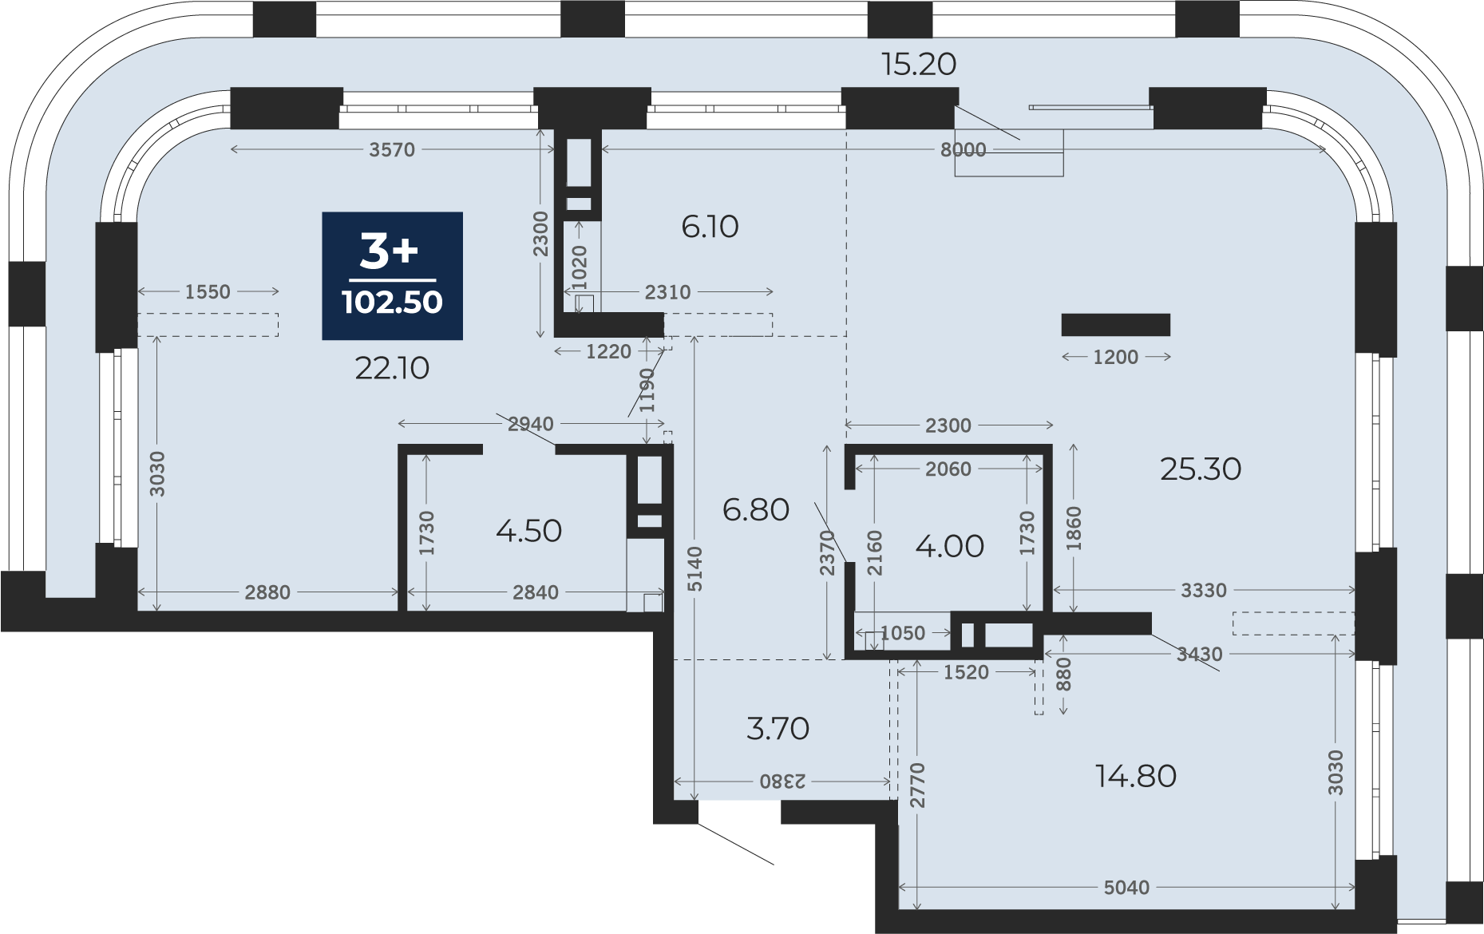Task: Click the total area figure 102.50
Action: coord(392,303)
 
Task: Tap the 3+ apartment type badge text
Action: coord(389,251)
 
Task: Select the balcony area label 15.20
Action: coord(919,64)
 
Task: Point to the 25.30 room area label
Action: coord(1201,469)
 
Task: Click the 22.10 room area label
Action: coord(392,368)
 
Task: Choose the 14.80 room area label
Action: coord(1136,776)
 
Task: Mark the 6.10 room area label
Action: coord(710,227)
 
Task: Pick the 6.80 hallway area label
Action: coord(756,509)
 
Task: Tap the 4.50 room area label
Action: coord(528,531)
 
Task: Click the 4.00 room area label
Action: coord(949,547)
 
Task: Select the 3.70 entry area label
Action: coord(778,728)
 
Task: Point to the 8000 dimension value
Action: coord(964,150)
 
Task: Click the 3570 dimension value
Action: coord(392,150)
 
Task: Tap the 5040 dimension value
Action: coord(1126,887)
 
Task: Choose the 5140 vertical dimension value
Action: coord(695,569)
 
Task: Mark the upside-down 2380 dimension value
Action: coord(782,782)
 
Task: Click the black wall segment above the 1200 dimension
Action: coord(1116,325)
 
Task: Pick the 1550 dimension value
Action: coord(208,292)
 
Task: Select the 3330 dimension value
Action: coord(1204,591)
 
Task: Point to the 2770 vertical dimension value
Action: coord(916,786)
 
